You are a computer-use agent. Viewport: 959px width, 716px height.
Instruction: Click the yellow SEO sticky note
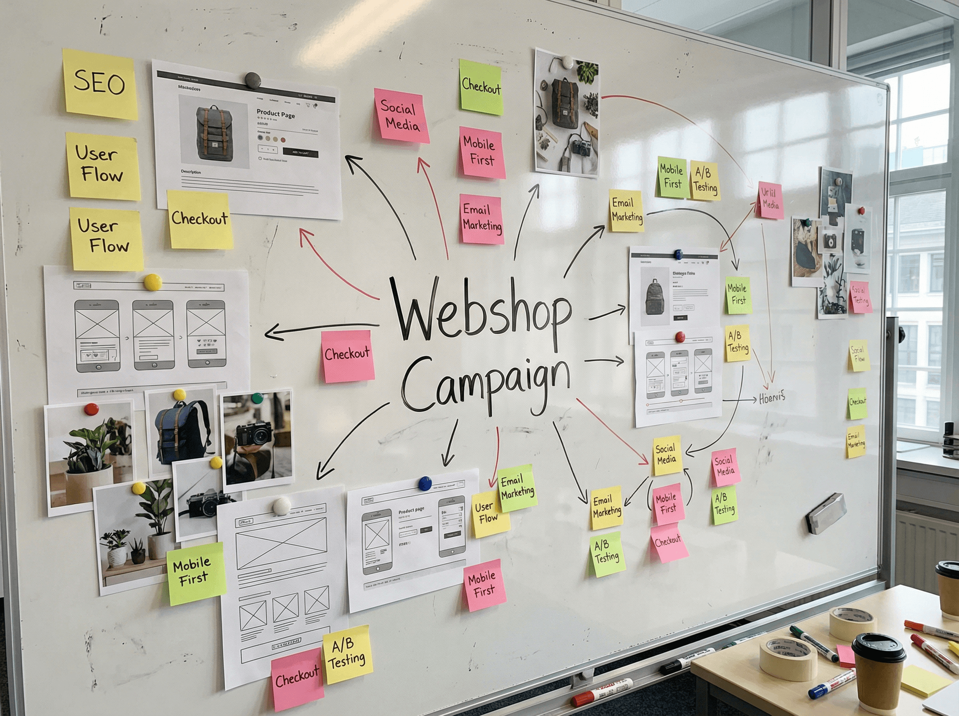99,84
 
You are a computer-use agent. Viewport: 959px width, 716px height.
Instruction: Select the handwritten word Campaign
485,384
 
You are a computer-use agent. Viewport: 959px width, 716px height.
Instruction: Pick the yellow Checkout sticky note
199,219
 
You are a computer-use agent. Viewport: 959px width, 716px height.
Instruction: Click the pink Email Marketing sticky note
481,219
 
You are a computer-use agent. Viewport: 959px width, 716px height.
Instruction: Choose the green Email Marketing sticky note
517,487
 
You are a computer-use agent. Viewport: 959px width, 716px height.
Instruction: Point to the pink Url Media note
770,200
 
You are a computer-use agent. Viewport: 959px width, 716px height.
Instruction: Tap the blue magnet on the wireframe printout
425,483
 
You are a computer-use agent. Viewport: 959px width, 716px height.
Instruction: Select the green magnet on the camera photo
257,398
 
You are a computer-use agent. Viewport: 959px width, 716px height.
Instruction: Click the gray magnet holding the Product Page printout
253,80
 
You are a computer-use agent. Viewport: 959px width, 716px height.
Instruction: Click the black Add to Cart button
300,153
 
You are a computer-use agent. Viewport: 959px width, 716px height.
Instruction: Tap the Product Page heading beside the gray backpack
276,114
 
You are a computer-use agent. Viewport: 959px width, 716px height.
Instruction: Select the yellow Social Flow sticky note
858,355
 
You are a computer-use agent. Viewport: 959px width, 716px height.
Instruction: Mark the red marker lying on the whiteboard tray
602,692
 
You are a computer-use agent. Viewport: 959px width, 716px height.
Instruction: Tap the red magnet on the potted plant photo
91,409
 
